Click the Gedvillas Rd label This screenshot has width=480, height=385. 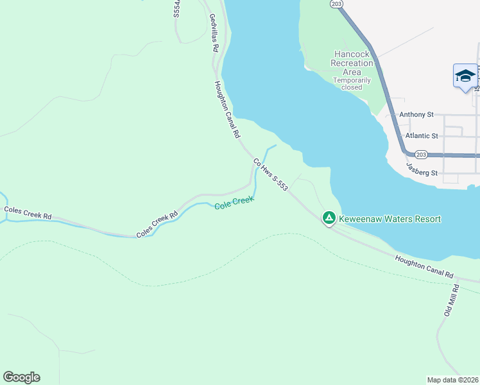pyautogui.click(x=214, y=34)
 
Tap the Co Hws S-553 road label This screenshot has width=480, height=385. pyautogui.click(x=270, y=175)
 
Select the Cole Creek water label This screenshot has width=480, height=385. pyautogui.click(x=234, y=203)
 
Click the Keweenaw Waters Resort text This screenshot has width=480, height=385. pyautogui.click(x=390, y=219)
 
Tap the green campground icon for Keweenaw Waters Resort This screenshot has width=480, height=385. pyautogui.click(x=329, y=219)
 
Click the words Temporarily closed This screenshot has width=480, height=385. pyautogui.click(x=352, y=84)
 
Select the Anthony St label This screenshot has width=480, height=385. pyautogui.click(x=416, y=115)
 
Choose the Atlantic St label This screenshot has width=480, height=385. pyautogui.click(x=422, y=136)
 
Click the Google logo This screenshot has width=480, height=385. pyautogui.click(x=21, y=377)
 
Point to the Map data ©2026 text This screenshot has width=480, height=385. pyautogui.click(x=452, y=379)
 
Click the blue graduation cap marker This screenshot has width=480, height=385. pyautogui.click(x=465, y=76)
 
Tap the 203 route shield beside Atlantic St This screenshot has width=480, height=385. pyautogui.click(x=421, y=155)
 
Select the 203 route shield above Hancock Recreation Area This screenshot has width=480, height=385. pyautogui.click(x=338, y=4)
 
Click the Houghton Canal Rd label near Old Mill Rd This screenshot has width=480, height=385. pyautogui.click(x=425, y=264)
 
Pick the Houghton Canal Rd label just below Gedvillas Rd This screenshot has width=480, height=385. pyautogui.click(x=227, y=110)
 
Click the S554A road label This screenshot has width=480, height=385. pyautogui.click(x=176, y=9)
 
